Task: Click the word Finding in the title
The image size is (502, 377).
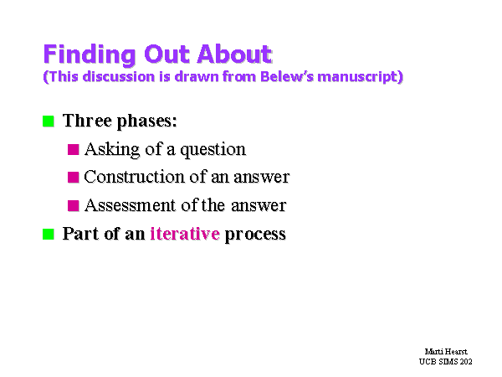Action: click(90, 54)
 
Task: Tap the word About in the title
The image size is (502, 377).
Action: click(234, 54)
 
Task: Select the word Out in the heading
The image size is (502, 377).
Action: click(166, 54)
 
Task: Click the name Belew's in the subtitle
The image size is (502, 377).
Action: click(286, 76)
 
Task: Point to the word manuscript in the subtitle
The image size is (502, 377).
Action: click(357, 77)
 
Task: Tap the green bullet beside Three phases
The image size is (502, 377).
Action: click(49, 121)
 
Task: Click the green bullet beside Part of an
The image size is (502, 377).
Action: click(49, 234)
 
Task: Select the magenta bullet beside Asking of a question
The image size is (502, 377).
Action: click(74, 149)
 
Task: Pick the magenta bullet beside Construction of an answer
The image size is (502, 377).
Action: click(74, 178)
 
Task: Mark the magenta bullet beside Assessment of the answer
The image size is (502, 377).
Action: click(74, 205)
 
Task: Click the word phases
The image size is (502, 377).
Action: click(147, 121)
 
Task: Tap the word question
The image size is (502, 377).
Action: click(213, 150)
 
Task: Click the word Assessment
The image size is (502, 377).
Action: click(130, 205)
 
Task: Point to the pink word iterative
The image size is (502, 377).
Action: click(185, 234)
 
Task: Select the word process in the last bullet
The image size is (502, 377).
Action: click(255, 235)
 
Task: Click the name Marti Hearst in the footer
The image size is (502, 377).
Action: click(446, 352)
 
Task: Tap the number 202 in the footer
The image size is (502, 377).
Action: click(466, 362)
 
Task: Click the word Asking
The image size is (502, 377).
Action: click(112, 150)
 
